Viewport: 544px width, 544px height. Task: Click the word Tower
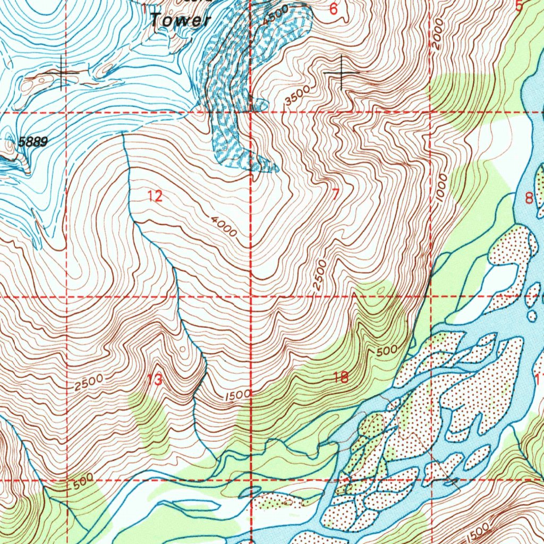click(x=181, y=21)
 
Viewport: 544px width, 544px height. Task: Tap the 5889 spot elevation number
click(x=33, y=142)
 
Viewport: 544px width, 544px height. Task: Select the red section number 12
click(x=155, y=197)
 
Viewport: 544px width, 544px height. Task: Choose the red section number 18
click(x=341, y=378)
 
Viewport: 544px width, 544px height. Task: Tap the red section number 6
click(x=333, y=9)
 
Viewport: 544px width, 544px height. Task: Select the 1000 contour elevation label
click(x=442, y=188)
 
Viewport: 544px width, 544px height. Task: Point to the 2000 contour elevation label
click(x=437, y=33)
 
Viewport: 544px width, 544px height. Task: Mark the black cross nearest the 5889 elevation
click(x=62, y=72)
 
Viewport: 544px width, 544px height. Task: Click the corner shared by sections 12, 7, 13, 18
click(x=251, y=296)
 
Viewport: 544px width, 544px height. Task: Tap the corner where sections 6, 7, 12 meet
click(x=251, y=112)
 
